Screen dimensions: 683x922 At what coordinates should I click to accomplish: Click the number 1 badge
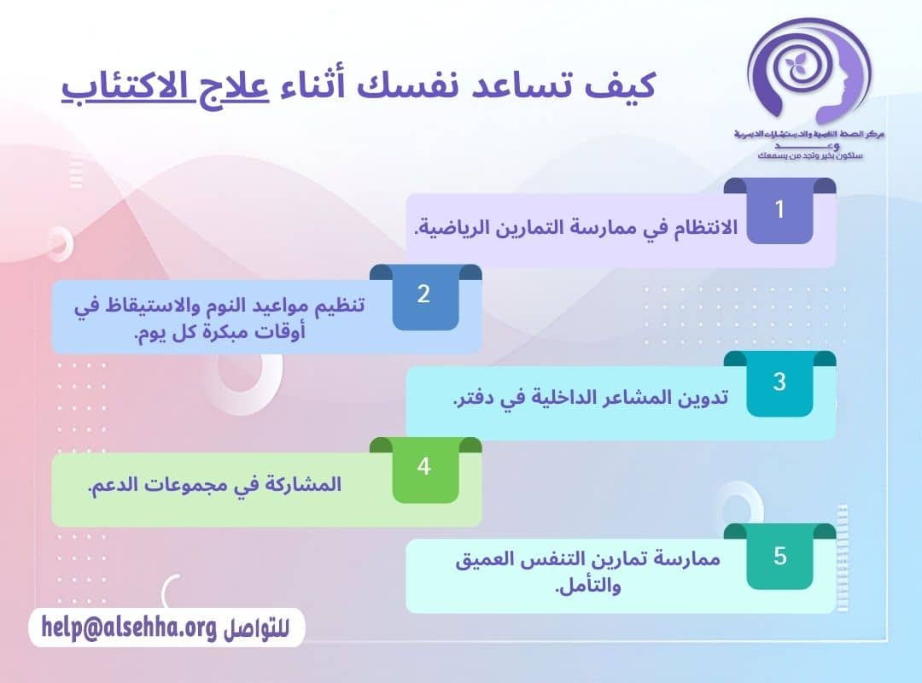coord(779,210)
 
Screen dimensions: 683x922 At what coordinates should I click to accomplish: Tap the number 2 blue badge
coord(424,295)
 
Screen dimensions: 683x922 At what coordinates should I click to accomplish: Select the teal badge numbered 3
coord(779,382)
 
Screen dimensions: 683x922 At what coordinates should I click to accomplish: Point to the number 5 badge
coord(779,557)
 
